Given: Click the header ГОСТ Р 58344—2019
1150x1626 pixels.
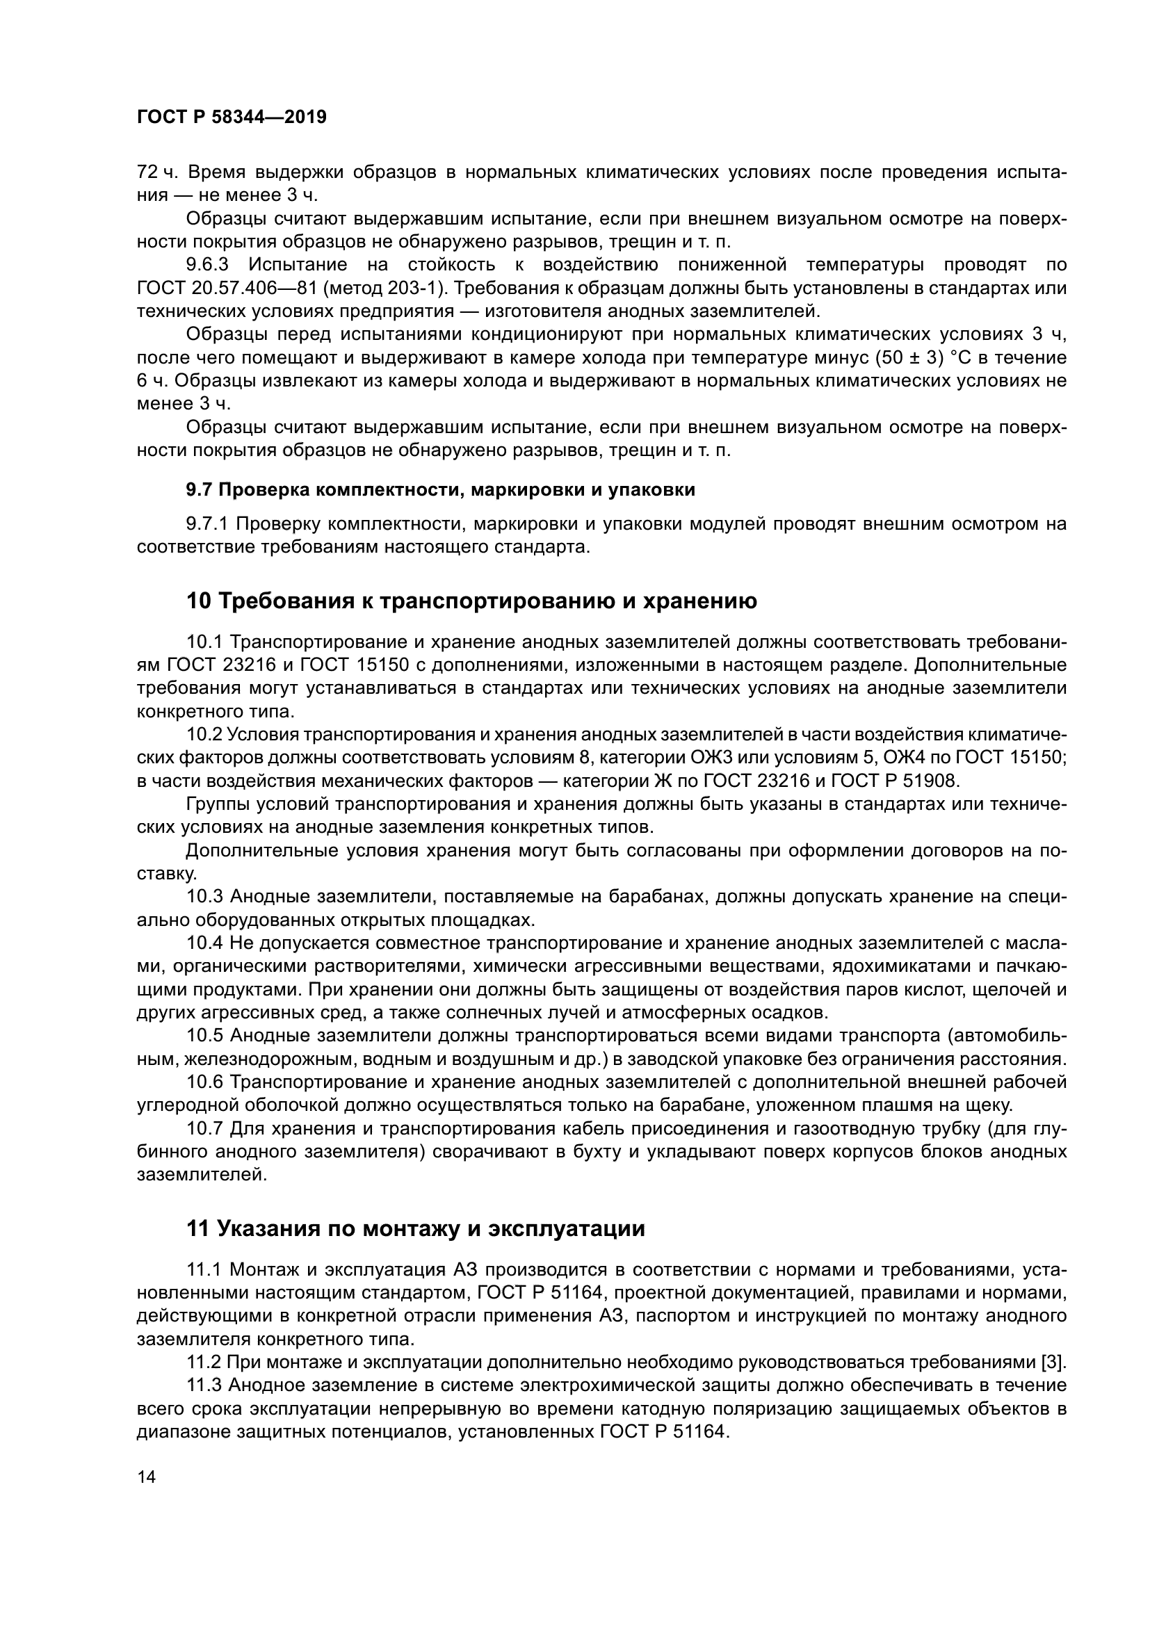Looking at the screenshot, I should click(x=232, y=117).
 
